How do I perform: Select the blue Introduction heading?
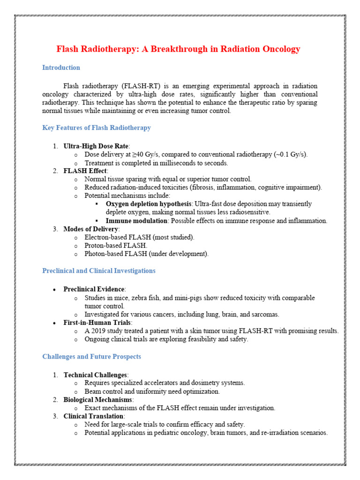61,67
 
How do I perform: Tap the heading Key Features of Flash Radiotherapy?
97,127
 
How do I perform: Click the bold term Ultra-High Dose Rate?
96,146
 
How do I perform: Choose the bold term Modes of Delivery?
91,229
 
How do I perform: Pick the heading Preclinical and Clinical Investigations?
99,270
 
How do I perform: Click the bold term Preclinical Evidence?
94,289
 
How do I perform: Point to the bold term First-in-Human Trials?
97,322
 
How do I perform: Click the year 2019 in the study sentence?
98,331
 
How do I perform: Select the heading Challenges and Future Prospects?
91,357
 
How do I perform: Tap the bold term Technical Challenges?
95,375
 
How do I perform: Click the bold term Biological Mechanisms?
98,399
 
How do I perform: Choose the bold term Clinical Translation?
93,416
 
